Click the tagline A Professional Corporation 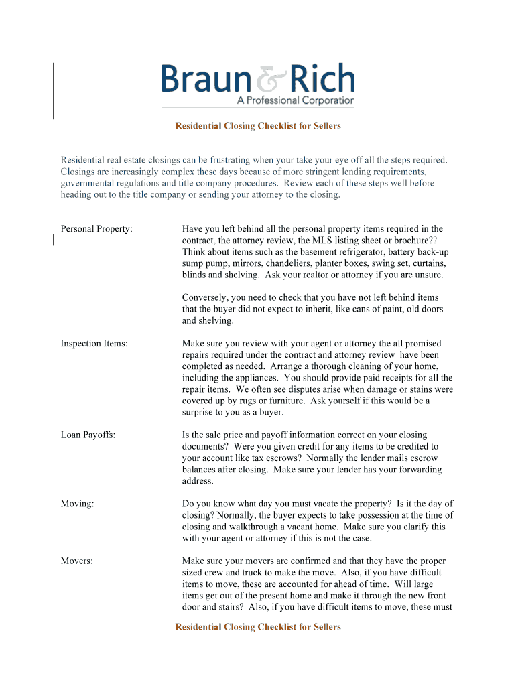pos(296,100)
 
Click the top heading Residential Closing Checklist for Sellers pos(258,126)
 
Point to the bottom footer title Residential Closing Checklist pos(258,627)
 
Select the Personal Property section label pos(96,229)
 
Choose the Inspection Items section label pos(94,344)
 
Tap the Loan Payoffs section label pos(88,435)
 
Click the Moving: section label pos(77,504)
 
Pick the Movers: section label pos(77,561)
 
